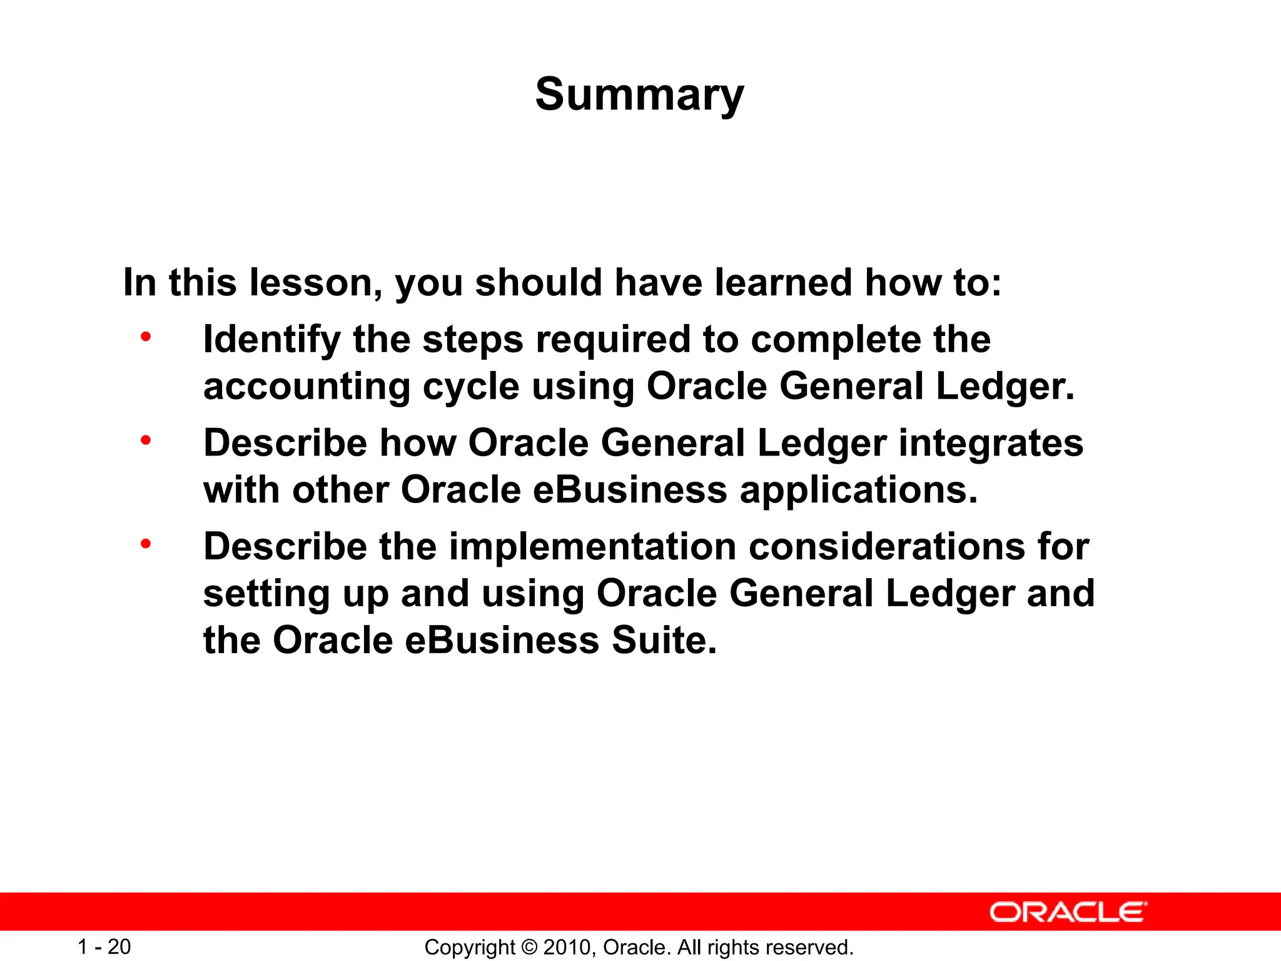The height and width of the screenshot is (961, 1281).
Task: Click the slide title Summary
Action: pyautogui.click(x=639, y=94)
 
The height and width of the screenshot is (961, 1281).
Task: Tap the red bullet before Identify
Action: pyautogui.click(x=146, y=337)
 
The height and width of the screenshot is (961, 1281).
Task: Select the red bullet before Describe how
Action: pyautogui.click(x=146, y=440)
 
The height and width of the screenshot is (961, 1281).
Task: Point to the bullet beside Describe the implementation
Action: pyautogui.click(x=146, y=544)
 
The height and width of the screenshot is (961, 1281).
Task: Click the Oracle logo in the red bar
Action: pyautogui.click(x=1068, y=912)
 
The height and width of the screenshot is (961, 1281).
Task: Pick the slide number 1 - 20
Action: pyautogui.click(x=104, y=947)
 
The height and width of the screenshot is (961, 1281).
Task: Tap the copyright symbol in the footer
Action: pyautogui.click(x=529, y=947)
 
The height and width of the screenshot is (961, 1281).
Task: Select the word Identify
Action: pyautogui.click(x=272, y=340)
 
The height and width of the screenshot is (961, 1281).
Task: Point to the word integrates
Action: pyautogui.click(x=991, y=443)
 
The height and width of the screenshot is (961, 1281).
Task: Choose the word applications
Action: pyautogui.click(x=858, y=490)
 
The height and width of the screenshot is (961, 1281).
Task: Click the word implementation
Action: pyautogui.click(x=593, y=546)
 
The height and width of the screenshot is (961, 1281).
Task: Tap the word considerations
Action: pyautogui.click(x=887, y=546)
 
